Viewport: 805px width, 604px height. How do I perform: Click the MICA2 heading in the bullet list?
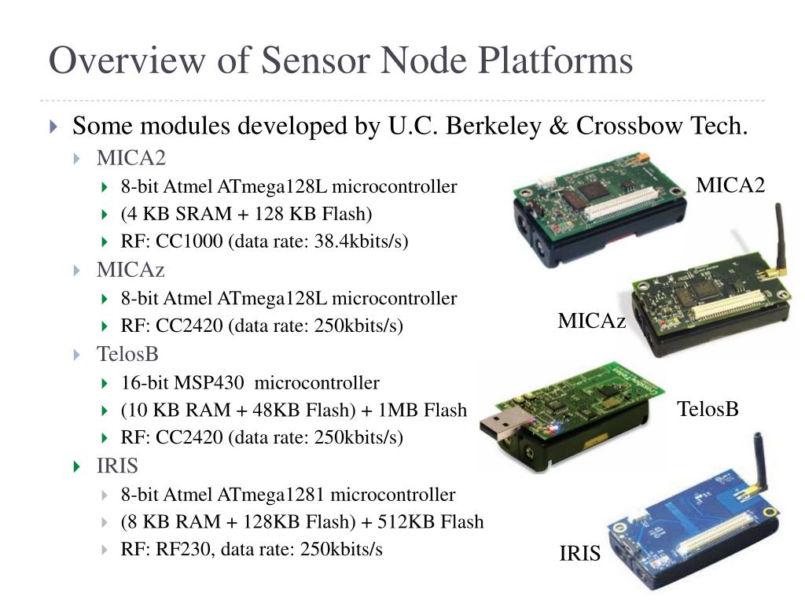point(131,159)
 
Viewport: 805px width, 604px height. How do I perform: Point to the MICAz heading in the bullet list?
point(130,270)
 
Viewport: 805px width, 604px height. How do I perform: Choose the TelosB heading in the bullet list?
point(127,355)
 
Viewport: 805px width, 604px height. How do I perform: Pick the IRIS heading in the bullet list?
point(117,466)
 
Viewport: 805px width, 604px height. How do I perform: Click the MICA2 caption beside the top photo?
point(730,185)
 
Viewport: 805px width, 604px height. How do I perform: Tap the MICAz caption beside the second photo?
point(592,321)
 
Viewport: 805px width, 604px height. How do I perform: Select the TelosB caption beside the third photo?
point(708,409)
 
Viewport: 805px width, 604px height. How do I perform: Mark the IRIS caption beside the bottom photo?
point(579,554)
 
